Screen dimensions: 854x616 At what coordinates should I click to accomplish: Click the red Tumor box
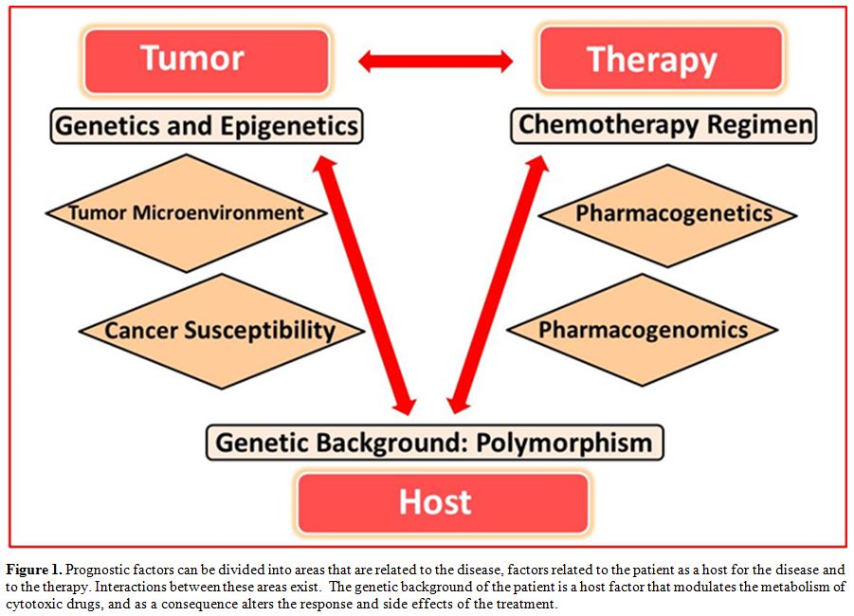click(207, 61)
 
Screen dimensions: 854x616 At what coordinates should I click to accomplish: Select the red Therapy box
click(662, 58)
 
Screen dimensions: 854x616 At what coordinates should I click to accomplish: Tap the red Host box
click(443, 502)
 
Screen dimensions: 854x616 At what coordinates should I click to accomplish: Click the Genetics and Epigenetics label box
click(207, 126)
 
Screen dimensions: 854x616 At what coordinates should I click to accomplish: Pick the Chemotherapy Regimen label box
click(663, 125)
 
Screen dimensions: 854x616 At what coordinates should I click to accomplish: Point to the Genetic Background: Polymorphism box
click(434, 443)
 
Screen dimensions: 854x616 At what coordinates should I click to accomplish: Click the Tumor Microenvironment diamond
click(187, 213)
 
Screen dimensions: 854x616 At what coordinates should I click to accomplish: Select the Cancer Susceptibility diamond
click(221, 331)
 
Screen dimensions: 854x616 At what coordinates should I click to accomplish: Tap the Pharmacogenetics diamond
click(667, 216)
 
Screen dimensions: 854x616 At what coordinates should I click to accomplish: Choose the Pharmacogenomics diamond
click(643, 330)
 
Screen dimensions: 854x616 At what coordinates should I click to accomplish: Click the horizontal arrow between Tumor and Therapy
click(435, 62)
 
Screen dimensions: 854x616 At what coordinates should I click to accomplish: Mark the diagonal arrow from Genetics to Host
click(367, 285)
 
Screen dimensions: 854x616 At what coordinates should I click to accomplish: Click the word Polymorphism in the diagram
click(564, 444)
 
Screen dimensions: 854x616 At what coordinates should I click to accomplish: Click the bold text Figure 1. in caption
click(34, 571)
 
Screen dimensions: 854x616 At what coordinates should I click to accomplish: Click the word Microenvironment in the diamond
click(218, 212)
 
